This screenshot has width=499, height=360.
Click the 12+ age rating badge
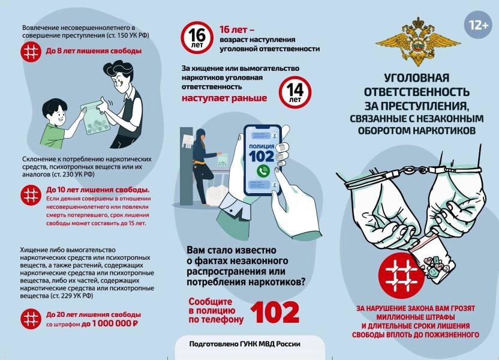pyautogui.click(x=479, y=25)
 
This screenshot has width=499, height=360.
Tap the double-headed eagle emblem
pyautogui.click(x=418, y=41)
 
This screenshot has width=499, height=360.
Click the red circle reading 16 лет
pyautogui.click(x=197, y=38)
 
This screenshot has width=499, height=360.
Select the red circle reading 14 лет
pyautogui.click(x=295, y=92)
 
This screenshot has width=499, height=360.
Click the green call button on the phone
pyautogui.click(x=263, y=171)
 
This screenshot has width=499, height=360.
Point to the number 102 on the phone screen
pyautogui.click(x=261, y=156)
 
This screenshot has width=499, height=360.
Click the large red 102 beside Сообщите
pyautogui.click(x=275, y=312)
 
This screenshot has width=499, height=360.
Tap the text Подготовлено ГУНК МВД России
pyautogui.click(x=245, y=344)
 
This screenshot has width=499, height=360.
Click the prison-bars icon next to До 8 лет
pyautogui.click(x=31, y=52)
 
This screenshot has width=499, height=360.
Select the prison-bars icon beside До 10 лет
pyautogui.click(x=31, y=195)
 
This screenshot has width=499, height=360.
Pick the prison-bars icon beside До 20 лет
pyautogui.click(x=31, y=319)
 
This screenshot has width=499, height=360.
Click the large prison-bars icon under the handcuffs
pyautogui.click(x=401, y=275)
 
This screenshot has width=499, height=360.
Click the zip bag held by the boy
pyautogui.click(x=95, y=117)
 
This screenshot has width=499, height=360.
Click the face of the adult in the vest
pyautogui.click(x=120, y=80)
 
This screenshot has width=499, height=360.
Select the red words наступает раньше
pyautogui.click(x=224, y=98)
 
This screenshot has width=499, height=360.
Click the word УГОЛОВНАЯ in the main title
pyautogui.click(x=417, y=77)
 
